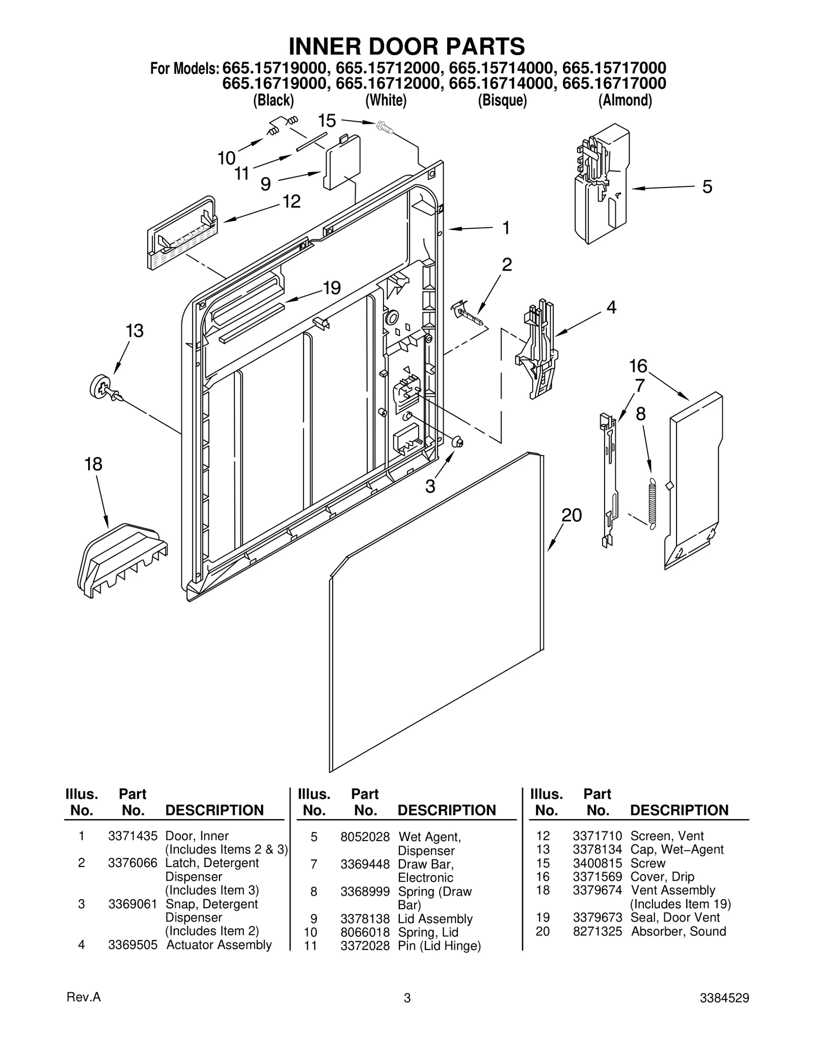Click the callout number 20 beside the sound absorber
(571, 516)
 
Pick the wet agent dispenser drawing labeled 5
(602, 183)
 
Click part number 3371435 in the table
(132, 836)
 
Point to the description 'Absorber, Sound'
(678, 931)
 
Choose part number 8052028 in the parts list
(365, 836)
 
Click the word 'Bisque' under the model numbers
(502, 100)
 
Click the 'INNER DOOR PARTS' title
(406, 46)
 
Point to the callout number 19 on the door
(332, 288)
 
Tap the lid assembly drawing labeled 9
(343, 162)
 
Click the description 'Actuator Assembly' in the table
(219, 944)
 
